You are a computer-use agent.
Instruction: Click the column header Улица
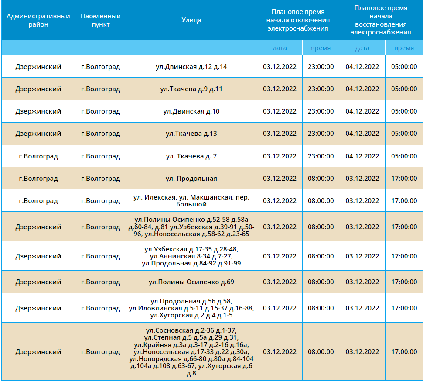click(x=191, y=20)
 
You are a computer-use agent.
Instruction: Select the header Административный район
click(x=38, y=20)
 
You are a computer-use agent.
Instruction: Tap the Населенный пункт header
click(x=101, y=20)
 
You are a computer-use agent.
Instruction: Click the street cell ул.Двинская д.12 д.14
click(x=191, y=67)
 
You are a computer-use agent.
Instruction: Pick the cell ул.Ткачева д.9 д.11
click(x=191, y=89)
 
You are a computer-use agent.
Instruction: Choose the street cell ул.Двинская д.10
click(x=191, y=111)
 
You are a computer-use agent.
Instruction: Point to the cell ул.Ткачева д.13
click(x=191, y=134)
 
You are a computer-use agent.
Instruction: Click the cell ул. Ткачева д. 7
click(x=191, y=156)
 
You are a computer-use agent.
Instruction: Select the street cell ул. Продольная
click(x=191, y=179)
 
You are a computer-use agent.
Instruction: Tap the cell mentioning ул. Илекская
click(x=191, y=201)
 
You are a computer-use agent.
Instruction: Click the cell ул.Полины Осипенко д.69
click(x=191, y=282)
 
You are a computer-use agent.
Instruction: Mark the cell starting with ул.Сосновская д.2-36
click(x=191, y=352)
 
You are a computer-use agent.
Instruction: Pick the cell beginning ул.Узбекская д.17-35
click(x=191, y=256)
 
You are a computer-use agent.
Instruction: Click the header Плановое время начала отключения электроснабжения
click(x=298, y=20)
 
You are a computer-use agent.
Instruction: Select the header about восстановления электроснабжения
click(x=381, y=20)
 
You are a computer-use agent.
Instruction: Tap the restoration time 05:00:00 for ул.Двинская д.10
click(x=404, y=111)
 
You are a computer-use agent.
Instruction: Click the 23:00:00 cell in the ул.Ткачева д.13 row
click(x=321, y=134)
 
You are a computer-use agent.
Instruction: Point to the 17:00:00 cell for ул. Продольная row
click(x=404, y=179)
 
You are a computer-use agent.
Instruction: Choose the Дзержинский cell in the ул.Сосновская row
click(x=38, y=352)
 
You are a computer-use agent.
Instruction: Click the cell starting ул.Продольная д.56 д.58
click(x=191, y=308)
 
